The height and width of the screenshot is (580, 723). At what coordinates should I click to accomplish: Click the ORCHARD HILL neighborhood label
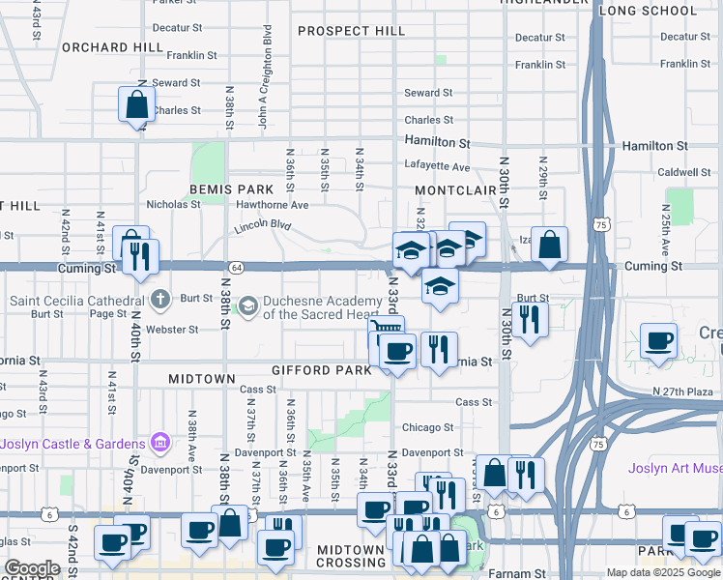coord(112,46)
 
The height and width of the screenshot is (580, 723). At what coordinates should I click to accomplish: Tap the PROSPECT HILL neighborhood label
coord(351,31)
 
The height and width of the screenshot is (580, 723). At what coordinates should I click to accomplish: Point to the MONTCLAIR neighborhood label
coord(455,191)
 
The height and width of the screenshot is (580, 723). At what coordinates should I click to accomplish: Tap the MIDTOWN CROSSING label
coord(338,556)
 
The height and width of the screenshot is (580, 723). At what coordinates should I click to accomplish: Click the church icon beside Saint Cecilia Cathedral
coord(160,300)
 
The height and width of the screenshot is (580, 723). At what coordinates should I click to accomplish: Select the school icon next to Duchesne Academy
coord(248,306)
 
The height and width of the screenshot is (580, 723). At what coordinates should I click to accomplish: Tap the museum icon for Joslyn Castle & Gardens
coord(160,444)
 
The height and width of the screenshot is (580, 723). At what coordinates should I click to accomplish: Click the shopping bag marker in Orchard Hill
coord(136,104)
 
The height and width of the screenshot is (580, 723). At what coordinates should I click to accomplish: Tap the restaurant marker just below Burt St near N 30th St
coord(529,319)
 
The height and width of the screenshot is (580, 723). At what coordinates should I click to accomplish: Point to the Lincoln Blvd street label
coord(262,227)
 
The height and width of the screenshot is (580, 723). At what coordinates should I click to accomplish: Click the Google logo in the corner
coord(32,568)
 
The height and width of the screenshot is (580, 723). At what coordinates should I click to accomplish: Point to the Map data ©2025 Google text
coord(662,572)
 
